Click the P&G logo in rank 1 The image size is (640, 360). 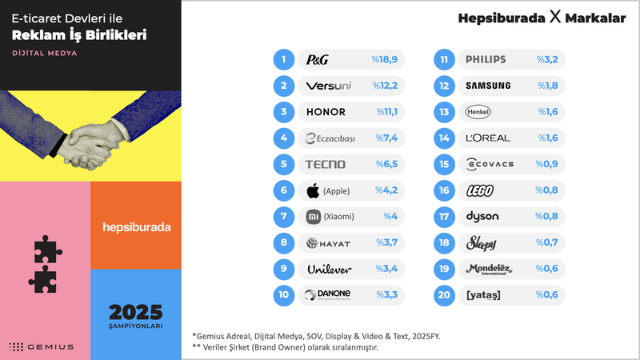pos(318,59)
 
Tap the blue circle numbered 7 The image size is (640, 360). pos(284,216)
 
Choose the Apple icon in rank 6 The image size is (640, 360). pos(314,190)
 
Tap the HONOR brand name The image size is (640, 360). pos(326,112)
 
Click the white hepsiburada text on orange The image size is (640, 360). pos(137,227)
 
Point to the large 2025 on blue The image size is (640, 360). pos(136,311)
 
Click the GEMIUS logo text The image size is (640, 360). pos(50,346)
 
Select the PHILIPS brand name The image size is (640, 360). pos(486,59)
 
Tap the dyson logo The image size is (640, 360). pos(482,216)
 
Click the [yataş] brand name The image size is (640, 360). pos(482,294)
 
